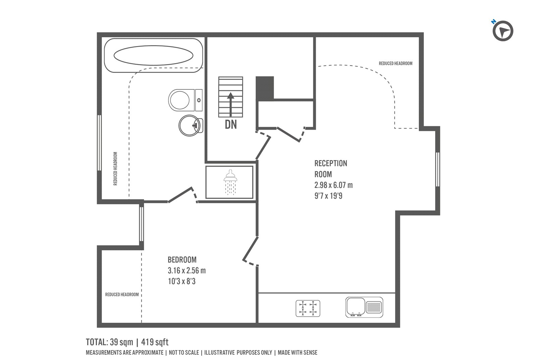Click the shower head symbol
[230, 182]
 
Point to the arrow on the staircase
[231, 104]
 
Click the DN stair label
[231, 125]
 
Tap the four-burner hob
[308, 308]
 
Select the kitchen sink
[364, 307]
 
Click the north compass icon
[503, 31]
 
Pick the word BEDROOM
[182, 260]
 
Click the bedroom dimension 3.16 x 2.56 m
[187, 270]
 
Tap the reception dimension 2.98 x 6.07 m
[334, 185]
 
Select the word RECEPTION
[331, 163]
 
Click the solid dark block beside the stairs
[265, 88]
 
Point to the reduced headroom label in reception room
[396, 63]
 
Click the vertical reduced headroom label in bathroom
[115, 169]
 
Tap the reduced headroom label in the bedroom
[122, 295]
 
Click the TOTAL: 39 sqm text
[109, 342]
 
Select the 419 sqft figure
[155, 342]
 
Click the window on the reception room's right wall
[438, 169]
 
